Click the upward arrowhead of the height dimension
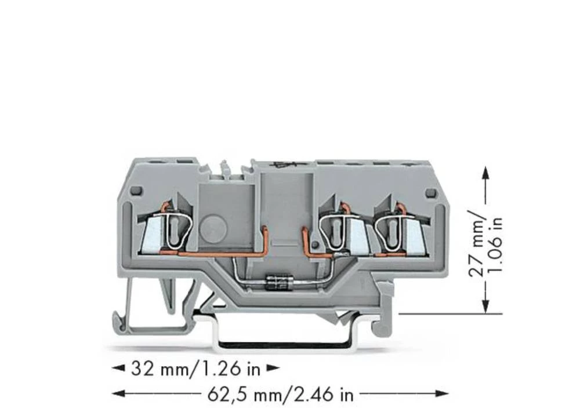tap(485, 172)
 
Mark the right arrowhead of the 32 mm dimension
tap(273, 367)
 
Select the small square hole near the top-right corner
tap(430, 192)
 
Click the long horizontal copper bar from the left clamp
tap(220, 253)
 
